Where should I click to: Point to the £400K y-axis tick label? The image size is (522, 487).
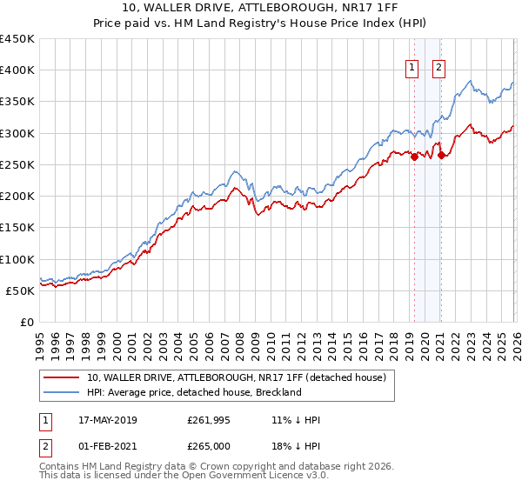click(x=17, y=70)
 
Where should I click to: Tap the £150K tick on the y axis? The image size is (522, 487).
click(x=17, y=228)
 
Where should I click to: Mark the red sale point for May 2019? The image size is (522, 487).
click(x=414, y=157)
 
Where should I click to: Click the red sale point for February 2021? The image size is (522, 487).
click(x=441, y=155)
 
